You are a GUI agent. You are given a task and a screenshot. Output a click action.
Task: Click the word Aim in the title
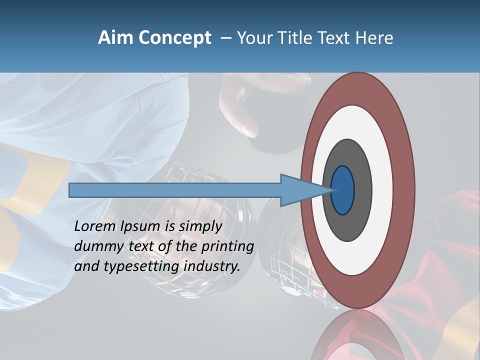(x=115, y=38)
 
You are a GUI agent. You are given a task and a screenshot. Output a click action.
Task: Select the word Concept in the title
(x=175, y=38)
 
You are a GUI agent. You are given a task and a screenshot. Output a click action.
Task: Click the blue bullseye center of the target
(x=343, y=190)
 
